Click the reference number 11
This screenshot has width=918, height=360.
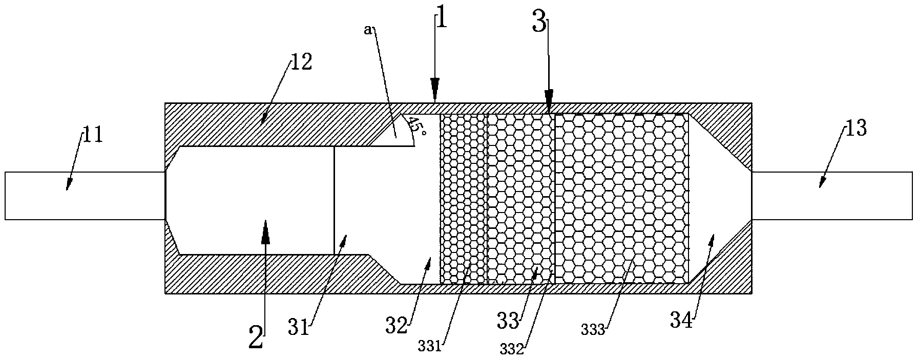point(94,137)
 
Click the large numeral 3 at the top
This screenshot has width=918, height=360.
point(539,24)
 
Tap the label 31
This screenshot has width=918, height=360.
point(299,326)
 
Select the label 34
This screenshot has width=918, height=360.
point(682,322)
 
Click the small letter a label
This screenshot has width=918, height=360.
point(367,30)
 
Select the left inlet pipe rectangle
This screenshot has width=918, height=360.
point(85,196)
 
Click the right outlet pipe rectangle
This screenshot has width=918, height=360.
point(832,196)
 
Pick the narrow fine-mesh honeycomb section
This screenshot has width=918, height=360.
point(463,199)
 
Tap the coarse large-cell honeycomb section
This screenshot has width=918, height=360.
point(621,199)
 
